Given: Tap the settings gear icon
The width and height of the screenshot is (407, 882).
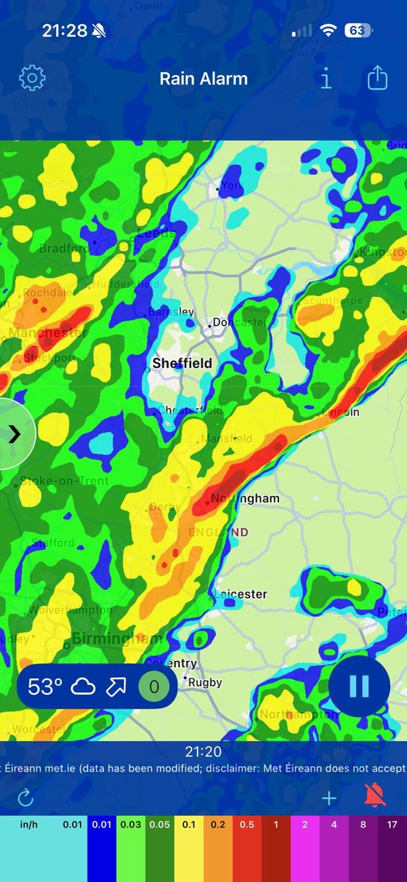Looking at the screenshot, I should point(32,78).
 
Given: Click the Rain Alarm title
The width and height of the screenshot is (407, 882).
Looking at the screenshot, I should point(203,79).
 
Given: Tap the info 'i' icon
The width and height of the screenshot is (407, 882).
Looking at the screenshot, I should point(326,78).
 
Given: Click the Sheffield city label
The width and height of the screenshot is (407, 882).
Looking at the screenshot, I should point(182,363).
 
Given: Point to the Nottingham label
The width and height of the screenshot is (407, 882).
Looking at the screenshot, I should point(245,498).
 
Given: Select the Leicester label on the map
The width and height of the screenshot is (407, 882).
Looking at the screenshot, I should point(242,594).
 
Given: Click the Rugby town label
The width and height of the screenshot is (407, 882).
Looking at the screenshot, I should point(205,682).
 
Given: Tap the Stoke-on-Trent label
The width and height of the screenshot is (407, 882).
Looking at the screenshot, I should point(64,481).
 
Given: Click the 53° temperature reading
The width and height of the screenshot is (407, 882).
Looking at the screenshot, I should point(45,687).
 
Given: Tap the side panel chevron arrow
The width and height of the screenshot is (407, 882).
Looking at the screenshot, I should point(14,434).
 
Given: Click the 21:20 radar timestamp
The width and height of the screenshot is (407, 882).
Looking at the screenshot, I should point(203,751).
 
